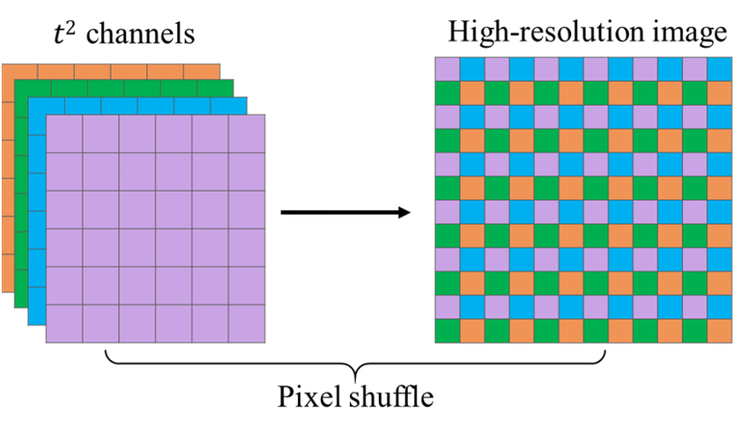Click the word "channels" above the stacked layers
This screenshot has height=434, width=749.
point(141,35)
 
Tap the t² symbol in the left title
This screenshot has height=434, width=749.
point(67,33)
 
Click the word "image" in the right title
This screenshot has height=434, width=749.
point(696,33)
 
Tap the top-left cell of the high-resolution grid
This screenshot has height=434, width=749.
point(448,69)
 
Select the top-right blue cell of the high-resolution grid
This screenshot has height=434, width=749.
point(719,69)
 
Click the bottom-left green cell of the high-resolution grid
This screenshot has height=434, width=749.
point(448,331)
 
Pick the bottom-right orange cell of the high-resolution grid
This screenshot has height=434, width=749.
point(719,331)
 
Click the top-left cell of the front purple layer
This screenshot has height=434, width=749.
point(63,134)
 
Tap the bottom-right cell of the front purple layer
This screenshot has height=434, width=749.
point(247,323)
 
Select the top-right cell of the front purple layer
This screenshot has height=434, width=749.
point(247,134)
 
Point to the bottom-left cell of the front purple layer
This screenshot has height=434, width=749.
point(63,323)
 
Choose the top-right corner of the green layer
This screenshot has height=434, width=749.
point(232,81)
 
